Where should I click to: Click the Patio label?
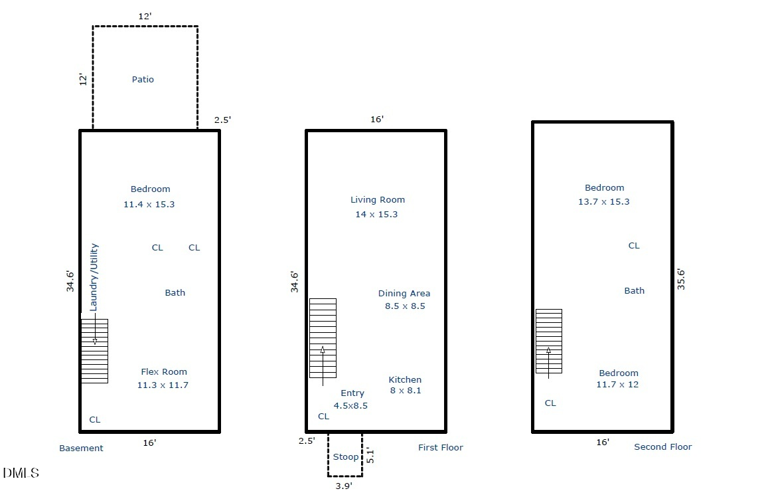143,79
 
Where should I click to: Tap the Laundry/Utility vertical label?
94,277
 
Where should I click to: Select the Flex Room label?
164,371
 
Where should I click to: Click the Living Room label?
378,200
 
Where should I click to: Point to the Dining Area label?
404,293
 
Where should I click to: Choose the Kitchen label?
405,380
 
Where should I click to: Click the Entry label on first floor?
352,393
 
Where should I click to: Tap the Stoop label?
346,457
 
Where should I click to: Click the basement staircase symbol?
94,351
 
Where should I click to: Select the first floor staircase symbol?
323,338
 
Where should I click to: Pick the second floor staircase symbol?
549,342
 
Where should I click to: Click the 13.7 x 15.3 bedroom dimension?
603,202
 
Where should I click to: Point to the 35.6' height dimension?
681,280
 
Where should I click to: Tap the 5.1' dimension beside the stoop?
370,456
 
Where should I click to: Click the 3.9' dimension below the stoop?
344,486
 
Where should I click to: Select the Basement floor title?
81,448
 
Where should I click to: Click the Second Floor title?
663,447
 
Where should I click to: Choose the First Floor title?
441,447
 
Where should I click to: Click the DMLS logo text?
21,472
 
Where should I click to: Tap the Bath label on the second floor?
634,291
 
